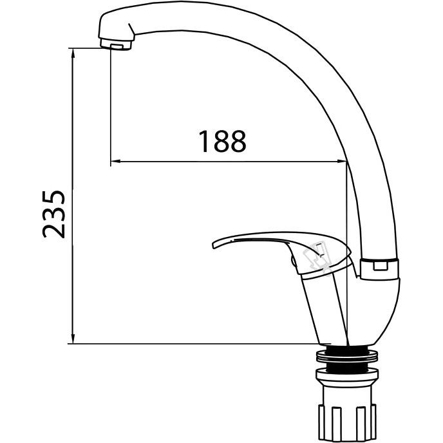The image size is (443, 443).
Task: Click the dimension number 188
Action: [x=223, y=141]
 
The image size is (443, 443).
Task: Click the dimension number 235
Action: [x=53, y=214]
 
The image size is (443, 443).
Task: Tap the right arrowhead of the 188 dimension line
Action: [x=341, y=162]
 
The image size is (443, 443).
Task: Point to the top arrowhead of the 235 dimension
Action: [x=73, y=53]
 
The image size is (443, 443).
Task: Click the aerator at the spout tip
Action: [x=116, y=44]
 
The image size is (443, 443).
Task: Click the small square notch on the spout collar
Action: [x=381, y=266]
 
